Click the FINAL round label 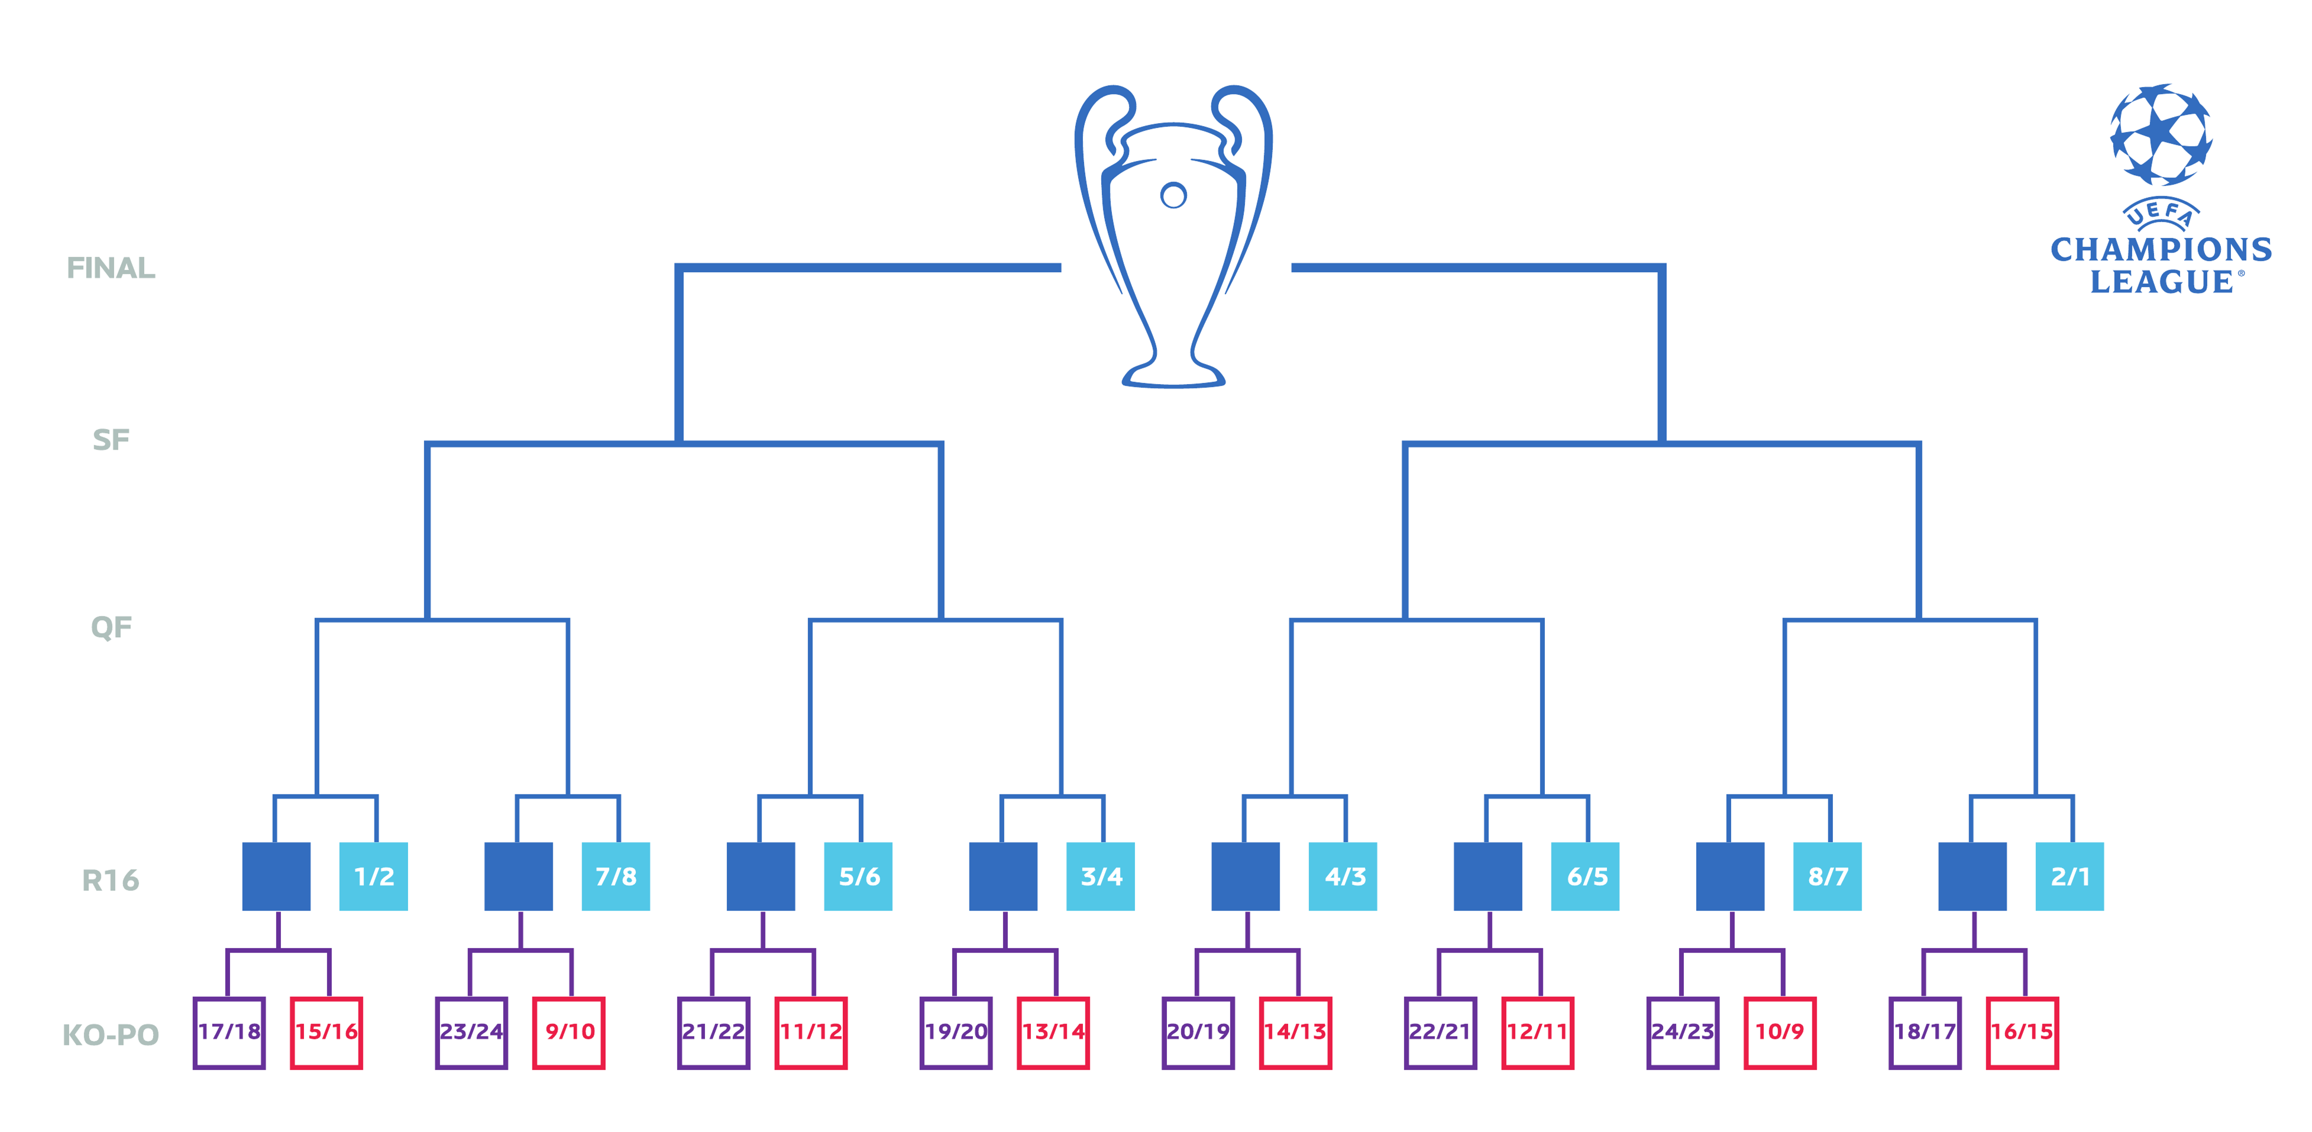(x=111, y=267)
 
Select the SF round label (x=111, y=440)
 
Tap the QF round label (x=111, y=627)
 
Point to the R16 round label (x=111, y=880)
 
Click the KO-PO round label (x=111, y=1034)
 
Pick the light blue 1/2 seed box (x=373, y=876)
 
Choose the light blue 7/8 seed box (x=616, y=876)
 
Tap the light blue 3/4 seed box (x=1100, y=876)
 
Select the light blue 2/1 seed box (x=2069, y=876)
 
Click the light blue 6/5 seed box (x=1585, y=876)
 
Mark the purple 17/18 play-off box (x=229, y=1033)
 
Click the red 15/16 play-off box (x=326, y=1033)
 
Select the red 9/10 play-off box (x=569, y=1033)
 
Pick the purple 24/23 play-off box (x=1683, y=1033)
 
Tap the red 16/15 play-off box (x=2022, y=1033)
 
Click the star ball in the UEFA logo (x=2161, y=135)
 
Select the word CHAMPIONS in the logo (x=2161, y=250)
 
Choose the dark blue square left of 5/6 (x=761, y=876)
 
